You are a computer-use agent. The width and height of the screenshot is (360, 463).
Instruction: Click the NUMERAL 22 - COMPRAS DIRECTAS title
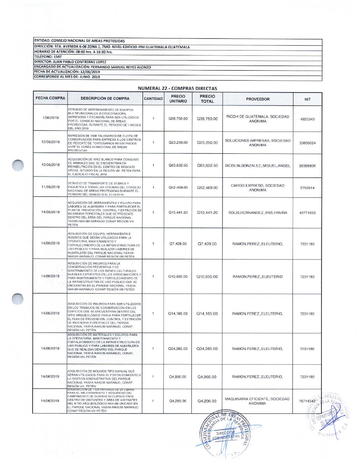177,88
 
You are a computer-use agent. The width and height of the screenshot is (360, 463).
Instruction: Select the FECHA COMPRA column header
50,98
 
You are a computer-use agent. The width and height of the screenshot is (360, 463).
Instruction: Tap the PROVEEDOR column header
258,99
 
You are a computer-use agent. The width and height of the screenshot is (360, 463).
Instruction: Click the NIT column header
308,99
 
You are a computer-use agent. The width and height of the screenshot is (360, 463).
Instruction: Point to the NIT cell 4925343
308,119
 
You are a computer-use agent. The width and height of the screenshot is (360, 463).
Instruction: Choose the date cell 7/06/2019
50,118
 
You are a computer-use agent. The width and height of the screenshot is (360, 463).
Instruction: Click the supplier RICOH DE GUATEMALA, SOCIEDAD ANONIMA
258,119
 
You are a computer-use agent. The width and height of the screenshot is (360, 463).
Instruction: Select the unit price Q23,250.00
178,142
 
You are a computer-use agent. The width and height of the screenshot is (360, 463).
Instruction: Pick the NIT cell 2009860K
308,166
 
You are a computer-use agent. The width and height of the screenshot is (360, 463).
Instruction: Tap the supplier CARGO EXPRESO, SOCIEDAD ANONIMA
258,188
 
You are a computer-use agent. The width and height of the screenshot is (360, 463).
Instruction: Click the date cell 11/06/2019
50,187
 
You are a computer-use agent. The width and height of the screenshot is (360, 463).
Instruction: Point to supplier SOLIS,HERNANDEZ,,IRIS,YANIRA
258,213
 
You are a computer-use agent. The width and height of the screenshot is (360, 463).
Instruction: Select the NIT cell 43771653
308,213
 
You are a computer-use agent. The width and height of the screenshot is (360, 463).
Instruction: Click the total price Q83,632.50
207,165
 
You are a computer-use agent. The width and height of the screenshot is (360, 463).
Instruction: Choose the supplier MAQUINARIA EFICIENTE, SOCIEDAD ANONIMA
257,401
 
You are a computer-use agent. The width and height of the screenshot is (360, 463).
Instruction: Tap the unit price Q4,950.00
178,377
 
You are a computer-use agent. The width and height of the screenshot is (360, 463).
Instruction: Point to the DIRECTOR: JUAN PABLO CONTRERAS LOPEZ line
70,62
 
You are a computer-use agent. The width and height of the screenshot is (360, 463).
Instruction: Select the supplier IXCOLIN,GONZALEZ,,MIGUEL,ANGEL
258,165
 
